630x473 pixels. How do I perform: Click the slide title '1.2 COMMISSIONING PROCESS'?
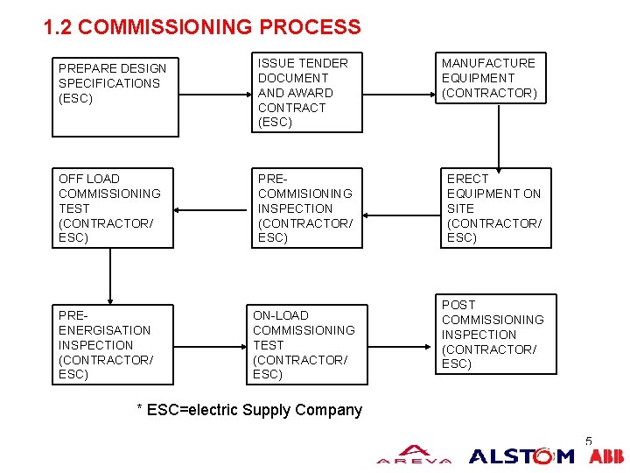[x=202, y=27]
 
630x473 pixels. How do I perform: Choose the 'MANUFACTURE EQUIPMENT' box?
[x=495, y=78]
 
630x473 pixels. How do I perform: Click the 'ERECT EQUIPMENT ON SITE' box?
[x=496, y=208]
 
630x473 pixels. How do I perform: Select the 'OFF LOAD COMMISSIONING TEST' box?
[x=112, y=208]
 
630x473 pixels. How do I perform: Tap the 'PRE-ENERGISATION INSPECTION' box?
[x=112, y=344]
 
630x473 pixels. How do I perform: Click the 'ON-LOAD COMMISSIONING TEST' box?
[x=304, y=344]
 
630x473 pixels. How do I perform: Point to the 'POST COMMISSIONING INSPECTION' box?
[x=495, y=334]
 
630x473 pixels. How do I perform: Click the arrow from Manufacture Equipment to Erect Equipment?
[x=499, y=139]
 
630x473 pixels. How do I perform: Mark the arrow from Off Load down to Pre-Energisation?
[x=110, y=275]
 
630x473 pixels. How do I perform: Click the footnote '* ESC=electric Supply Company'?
[x=250, y=410]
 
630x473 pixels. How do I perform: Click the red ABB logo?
[x=606, y=456]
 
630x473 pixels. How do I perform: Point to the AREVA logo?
[x=414, y=455]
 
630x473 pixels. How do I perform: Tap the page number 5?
[x=589, y=441]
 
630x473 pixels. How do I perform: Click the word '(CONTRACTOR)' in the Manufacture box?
[x=489, y=93]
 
